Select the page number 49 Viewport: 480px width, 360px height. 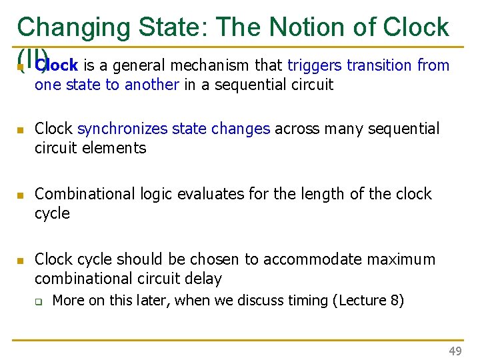point(455,351)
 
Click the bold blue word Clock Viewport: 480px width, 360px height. point(58,65)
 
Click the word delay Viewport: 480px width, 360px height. point(203,279)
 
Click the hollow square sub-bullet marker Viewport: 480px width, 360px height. point(39,301)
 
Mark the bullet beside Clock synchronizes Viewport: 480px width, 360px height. point(21,130)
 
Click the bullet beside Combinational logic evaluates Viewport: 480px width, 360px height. point(21,195)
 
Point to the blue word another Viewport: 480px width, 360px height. point(151,85)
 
